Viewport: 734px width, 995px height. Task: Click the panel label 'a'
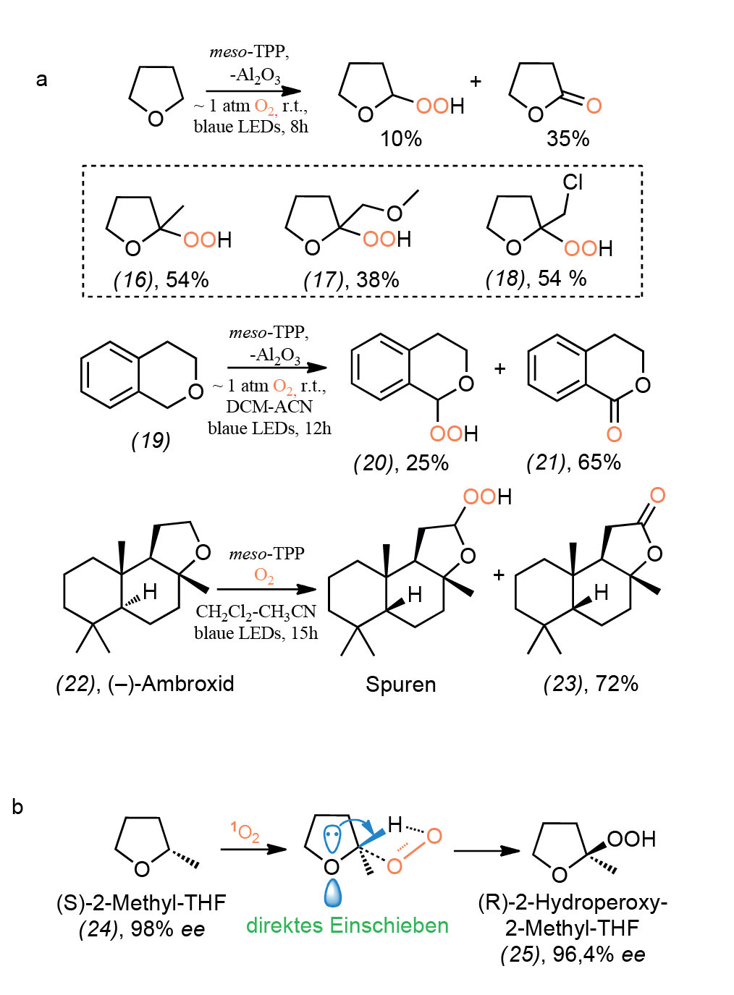[41, 80]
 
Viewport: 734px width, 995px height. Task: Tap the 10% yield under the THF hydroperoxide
[401, 139]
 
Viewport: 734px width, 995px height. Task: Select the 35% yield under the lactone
[568, 139]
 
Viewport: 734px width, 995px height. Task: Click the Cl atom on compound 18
[573, 182]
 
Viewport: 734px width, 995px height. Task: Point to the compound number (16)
[133, 280]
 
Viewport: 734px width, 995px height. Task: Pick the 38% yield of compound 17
[378, 280]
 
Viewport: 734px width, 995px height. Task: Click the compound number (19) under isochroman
[151, 441]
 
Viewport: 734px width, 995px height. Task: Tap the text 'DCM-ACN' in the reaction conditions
[269, 407]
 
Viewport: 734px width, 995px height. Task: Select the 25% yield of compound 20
[427, 463]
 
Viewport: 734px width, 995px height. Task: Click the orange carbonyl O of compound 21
[615, 434]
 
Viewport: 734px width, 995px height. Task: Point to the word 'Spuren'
[401, 685]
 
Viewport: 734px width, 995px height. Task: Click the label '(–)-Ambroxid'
[171, 684]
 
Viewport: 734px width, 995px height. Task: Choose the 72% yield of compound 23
[617, 684]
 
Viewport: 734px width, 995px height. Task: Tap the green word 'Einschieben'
[389, 926]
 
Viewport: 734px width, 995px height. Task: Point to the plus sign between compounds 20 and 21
[500, 368]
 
